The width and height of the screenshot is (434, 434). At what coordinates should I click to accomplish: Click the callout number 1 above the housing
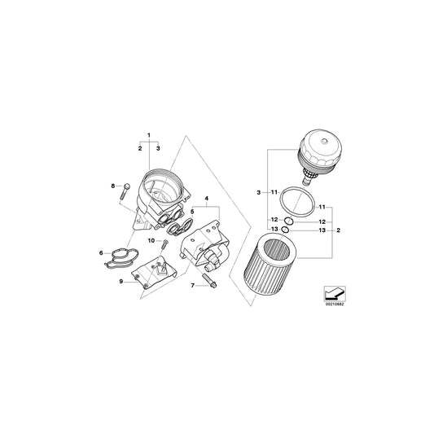click(148, 134)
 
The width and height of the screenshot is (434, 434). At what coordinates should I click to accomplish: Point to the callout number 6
click(101, 253)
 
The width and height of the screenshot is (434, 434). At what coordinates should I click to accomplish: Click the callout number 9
click(121, 282)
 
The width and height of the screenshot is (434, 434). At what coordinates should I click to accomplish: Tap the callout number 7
click(193, 287)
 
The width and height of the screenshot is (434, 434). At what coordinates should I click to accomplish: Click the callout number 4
click(207, 198)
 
